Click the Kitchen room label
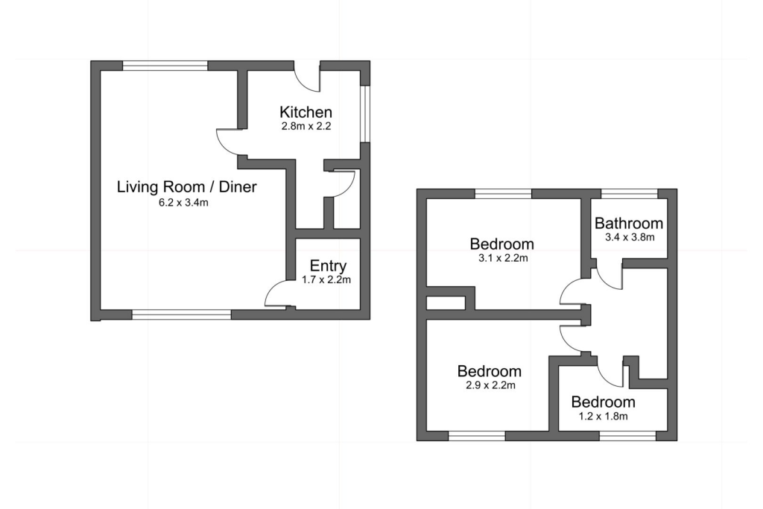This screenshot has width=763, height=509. pyautogui.click(x=305, y=112)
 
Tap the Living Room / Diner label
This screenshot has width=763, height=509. pyautogui.click(x=187, y=187)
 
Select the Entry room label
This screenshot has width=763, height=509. pyautogui.click(x=328, y=266)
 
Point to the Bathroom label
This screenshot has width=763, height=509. pyautogui.click(x=629, y=224)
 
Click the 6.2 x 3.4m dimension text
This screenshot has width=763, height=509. pyautogui.click(x=183, y=203)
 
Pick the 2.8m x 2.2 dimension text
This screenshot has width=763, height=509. pyautogui.click(x=306, y=126)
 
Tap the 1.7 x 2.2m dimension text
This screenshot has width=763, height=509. pyautogui.click(x=326, y=279)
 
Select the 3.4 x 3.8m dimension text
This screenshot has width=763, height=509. pyautogui.click(x=630, y=238)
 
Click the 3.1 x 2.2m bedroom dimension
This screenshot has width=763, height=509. pyautogui.click(x=503, y=259)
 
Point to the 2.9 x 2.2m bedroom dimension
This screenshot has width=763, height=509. pyautogui.click(x=490, y=386)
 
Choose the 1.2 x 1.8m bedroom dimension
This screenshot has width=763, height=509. pyautogui.click(x=603, y=417)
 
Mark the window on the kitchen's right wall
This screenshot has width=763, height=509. pyautogui.click(x=365, y=114)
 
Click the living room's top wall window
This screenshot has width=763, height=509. pyautogui.click(x=165, y=66)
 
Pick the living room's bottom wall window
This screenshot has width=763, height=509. pyautogui.click(x=182, y=314)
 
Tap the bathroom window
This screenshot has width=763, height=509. pyautogui.click(x=629, y=194)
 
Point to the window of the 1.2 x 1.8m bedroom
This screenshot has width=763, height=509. pyautogui.click(x=627, y=436)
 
